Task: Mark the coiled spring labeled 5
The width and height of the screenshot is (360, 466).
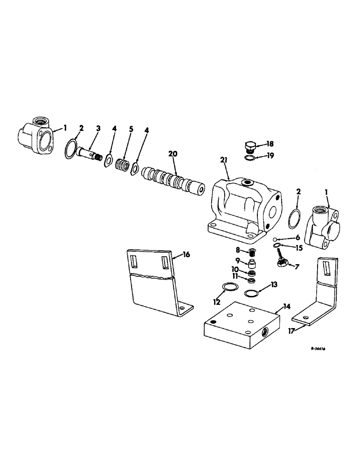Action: click(x=123, y=166)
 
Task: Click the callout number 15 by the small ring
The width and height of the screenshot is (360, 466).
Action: click(x=298, y=248)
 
